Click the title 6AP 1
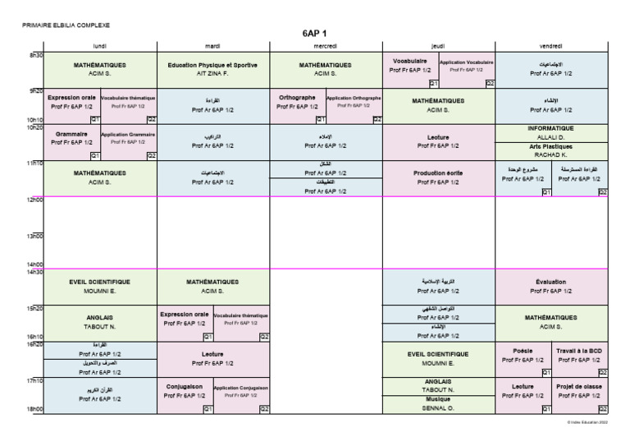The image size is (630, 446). click(x=315, y=34)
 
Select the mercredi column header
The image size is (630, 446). click(x=326, y=47)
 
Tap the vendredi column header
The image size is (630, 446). click(x=551, y=47)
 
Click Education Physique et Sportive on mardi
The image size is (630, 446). click(x=212, y=65)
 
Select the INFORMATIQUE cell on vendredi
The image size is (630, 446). click(x=551, y=128)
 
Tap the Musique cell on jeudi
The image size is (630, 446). click(x=438, y=398)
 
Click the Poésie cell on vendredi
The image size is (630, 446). click(x=523, y=354)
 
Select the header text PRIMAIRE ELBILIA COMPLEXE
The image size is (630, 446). click(x=67, y=25)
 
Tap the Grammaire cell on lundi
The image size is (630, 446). click(x=71, y=137)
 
